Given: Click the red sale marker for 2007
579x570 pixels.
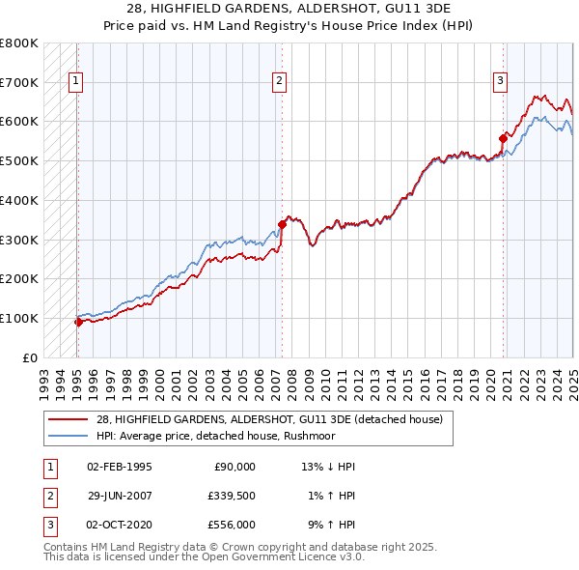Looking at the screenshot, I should point(282,224).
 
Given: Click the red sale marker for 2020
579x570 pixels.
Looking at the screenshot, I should point(503,139).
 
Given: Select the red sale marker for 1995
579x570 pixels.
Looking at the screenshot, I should point(78,323).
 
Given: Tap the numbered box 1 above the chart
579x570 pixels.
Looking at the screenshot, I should point(75,81).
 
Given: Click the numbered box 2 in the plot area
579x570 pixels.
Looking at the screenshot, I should point(278,81).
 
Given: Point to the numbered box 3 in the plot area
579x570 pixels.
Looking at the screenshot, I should point(501,81).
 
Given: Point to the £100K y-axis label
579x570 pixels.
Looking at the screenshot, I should point(19,318).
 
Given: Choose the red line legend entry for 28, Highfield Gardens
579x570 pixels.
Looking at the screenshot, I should point(269,419).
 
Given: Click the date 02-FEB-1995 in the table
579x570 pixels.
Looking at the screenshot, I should point(120,467).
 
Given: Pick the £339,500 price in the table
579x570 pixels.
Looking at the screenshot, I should point(231,496).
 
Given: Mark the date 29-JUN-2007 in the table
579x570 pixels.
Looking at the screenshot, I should point(120,496).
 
